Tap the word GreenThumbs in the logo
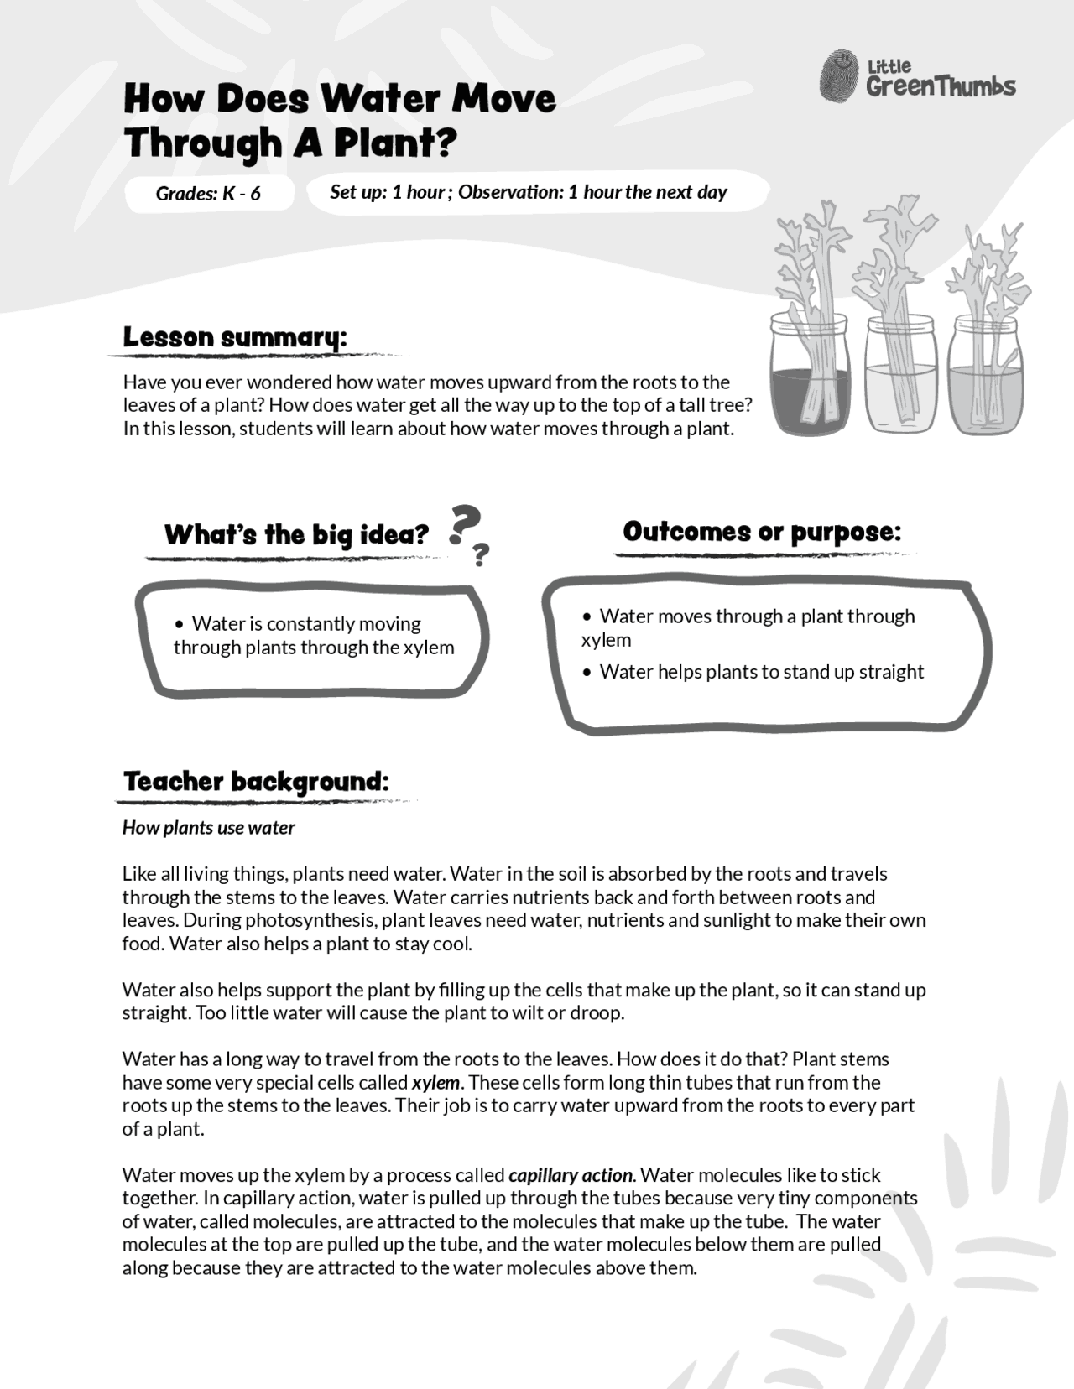click(941, 86)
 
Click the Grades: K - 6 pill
click(208, 194)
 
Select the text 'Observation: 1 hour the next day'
click(592, 192)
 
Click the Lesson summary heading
click(234, 337)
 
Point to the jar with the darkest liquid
click(811, 377)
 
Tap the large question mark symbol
click(464, 525)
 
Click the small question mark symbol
click(481, 554)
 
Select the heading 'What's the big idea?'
click(296, 534)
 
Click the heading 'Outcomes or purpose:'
click(762, 532)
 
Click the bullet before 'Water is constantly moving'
click(180, 624)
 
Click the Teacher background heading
click(256, 782)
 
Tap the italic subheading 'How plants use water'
click(208, 828)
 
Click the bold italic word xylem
click(435, 1083)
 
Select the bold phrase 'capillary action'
click(570, 1175)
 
